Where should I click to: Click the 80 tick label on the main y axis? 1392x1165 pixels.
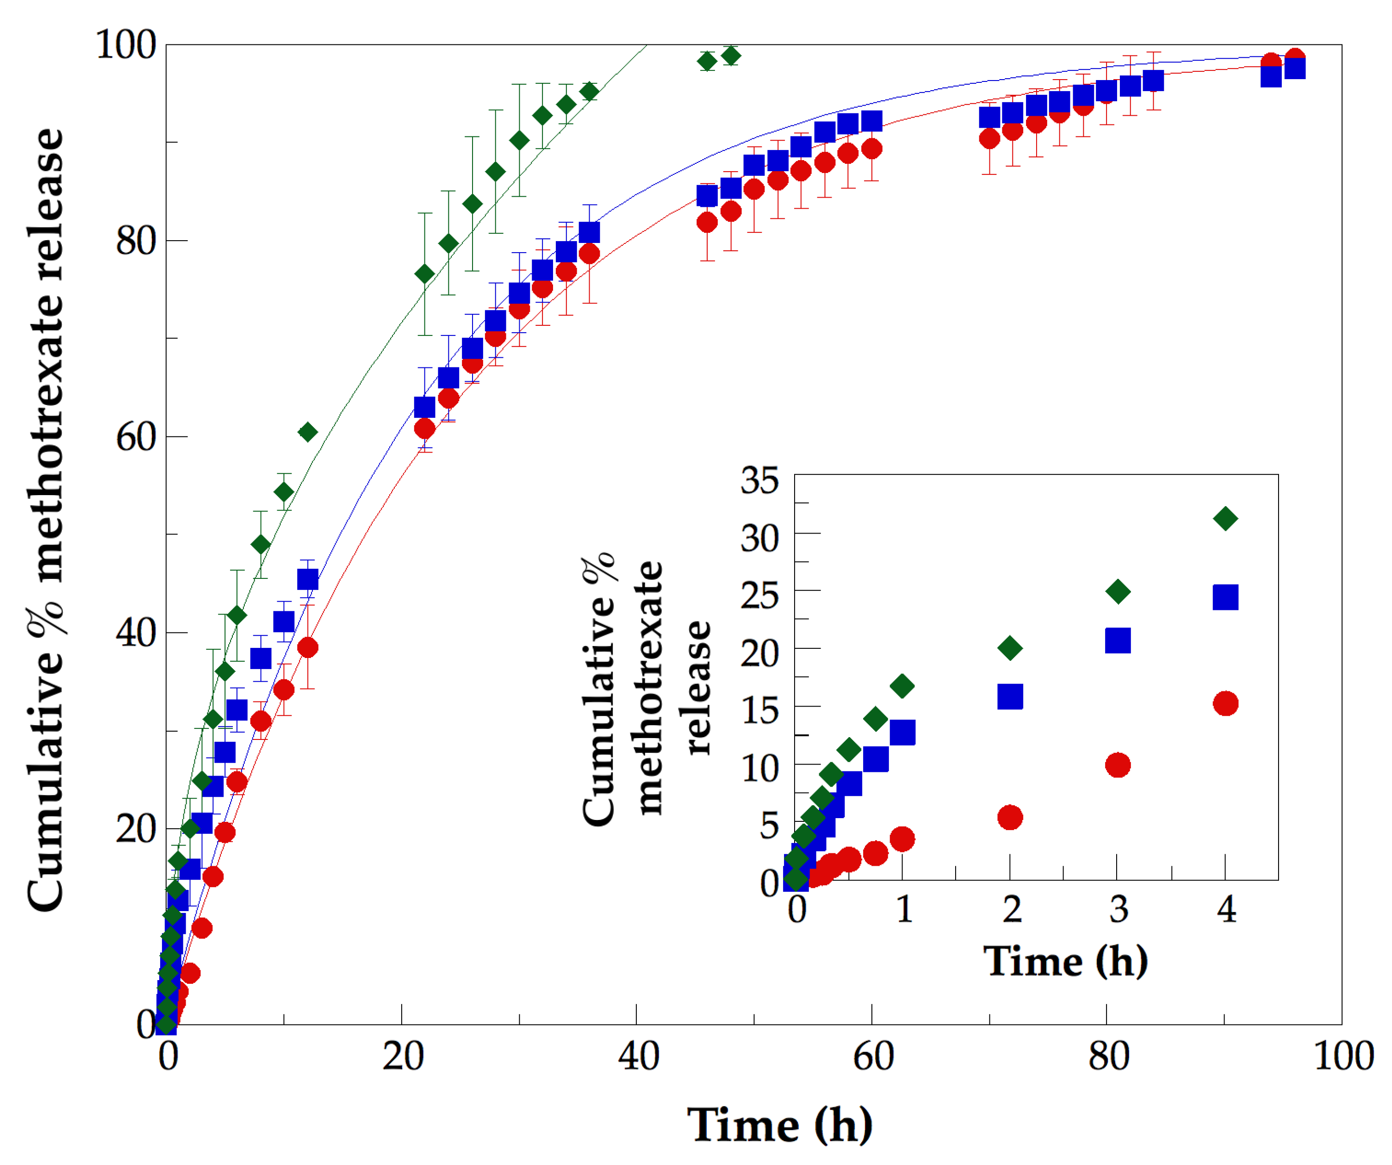(x=136, y=241)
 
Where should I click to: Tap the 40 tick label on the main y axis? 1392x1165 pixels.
(x=136, y=633)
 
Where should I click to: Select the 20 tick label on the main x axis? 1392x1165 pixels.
(x=403, y=1056)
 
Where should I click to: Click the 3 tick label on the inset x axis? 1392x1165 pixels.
(x=1119, y=909)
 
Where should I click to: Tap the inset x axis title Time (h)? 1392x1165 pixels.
(x=1065, y=961)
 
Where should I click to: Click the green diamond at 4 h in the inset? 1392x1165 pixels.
(x=1225, y=518)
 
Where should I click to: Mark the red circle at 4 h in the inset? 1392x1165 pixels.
(x=1225, y=703)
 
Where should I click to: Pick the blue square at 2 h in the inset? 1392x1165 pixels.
(x=1010, y=697)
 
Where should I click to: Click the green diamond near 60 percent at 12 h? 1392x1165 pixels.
(x=307, y=432)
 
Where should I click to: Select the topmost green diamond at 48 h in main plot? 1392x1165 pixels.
(x=731, y=56)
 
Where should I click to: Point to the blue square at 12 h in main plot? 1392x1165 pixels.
(x=307, y=579)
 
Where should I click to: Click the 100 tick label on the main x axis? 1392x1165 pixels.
(x=1343, y=1056)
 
